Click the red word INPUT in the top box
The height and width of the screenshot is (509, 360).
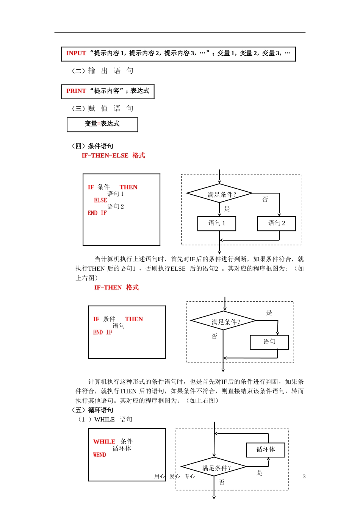(x=76, y=53)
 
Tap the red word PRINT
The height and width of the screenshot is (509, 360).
(x=76, y=91)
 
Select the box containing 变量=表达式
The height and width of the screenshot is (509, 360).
(x=102, y=125)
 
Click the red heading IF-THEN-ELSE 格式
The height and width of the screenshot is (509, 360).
(x=113, y=156)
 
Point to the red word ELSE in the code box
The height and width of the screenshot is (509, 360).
(x=100, y=200)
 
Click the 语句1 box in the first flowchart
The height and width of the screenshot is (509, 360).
(x=217, y=223)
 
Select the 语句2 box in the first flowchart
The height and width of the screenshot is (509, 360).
(x=277, y=223)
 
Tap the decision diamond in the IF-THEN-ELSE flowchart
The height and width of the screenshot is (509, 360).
(x=220, y=194)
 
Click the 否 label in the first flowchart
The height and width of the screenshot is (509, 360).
(x=265, y=200)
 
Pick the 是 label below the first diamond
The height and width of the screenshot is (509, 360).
(x=227, y=209)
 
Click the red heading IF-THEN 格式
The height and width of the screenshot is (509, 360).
(x=116, y=288)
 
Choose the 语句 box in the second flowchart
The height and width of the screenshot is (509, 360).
(x=269, y=342)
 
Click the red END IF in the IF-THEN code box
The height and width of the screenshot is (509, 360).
(x=103, y=333)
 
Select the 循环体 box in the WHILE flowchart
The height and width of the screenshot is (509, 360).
(x=266, y=450)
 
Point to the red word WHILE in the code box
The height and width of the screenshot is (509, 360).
(x=104, y=442)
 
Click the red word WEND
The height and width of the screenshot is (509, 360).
(x=100, y=455)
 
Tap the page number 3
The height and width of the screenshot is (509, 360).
(x=304, y=477)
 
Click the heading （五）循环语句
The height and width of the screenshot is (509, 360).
(x=93, y=410)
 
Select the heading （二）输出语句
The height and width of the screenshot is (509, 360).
(x=103, y=71)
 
